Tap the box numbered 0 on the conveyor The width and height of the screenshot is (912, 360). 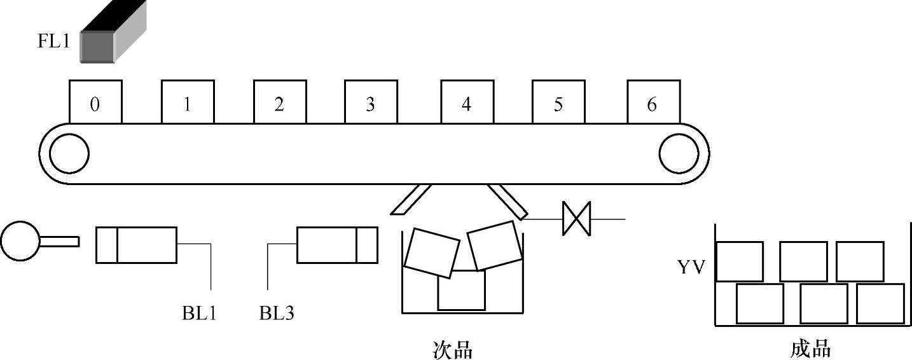(95, 102)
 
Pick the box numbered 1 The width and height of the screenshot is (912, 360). (187, 102)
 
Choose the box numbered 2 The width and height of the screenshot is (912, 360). (279, 102)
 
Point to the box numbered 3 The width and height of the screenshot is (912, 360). (371, 102)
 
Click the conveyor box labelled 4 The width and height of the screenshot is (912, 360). (467, 102)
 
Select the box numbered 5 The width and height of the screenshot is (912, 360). (558, 102)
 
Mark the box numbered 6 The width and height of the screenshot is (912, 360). (653, 102)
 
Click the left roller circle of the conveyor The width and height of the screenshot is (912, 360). (69, 154)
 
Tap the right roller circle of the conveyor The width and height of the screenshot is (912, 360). (679, 154)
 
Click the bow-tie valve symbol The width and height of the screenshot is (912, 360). (576, 219)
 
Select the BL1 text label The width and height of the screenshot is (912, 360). (199, 313)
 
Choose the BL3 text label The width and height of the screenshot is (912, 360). (277, 313)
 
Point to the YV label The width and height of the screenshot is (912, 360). (691, 268)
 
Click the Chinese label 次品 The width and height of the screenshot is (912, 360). (452, 349)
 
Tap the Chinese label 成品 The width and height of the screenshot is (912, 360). (811, 348)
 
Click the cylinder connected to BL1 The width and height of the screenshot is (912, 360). (136, 244)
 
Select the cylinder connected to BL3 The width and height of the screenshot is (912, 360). (337, 244)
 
